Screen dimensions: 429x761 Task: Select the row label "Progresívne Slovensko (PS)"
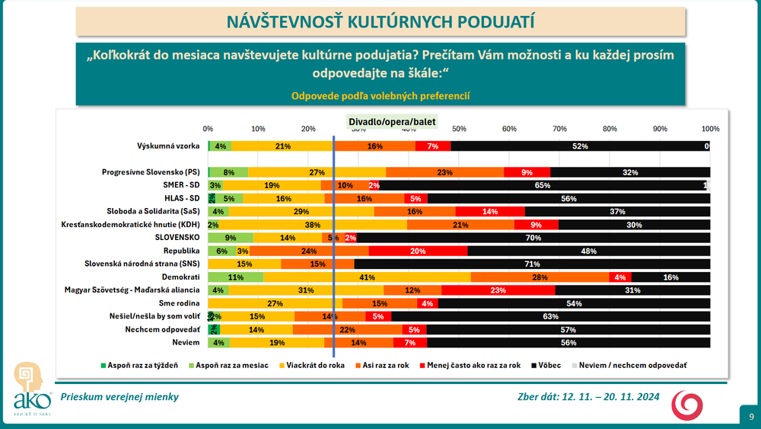coord(150,172)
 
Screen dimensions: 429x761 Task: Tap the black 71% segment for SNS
coord(532,264)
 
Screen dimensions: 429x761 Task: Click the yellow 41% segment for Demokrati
coord(368,277)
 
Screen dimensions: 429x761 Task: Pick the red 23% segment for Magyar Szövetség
coord(498,290)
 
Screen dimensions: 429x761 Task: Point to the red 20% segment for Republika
coord(418,250)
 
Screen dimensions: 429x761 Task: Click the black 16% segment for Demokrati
coord(670,277)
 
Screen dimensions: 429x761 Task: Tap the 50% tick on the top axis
coord(460,128)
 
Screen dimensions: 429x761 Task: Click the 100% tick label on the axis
coord(709,128)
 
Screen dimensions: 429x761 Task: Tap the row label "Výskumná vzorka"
coord(168,146)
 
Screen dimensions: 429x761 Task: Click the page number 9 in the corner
coord(751,416)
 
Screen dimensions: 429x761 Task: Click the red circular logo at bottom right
coord(686,404)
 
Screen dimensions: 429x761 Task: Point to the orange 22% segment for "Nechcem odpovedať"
coord(348,329)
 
